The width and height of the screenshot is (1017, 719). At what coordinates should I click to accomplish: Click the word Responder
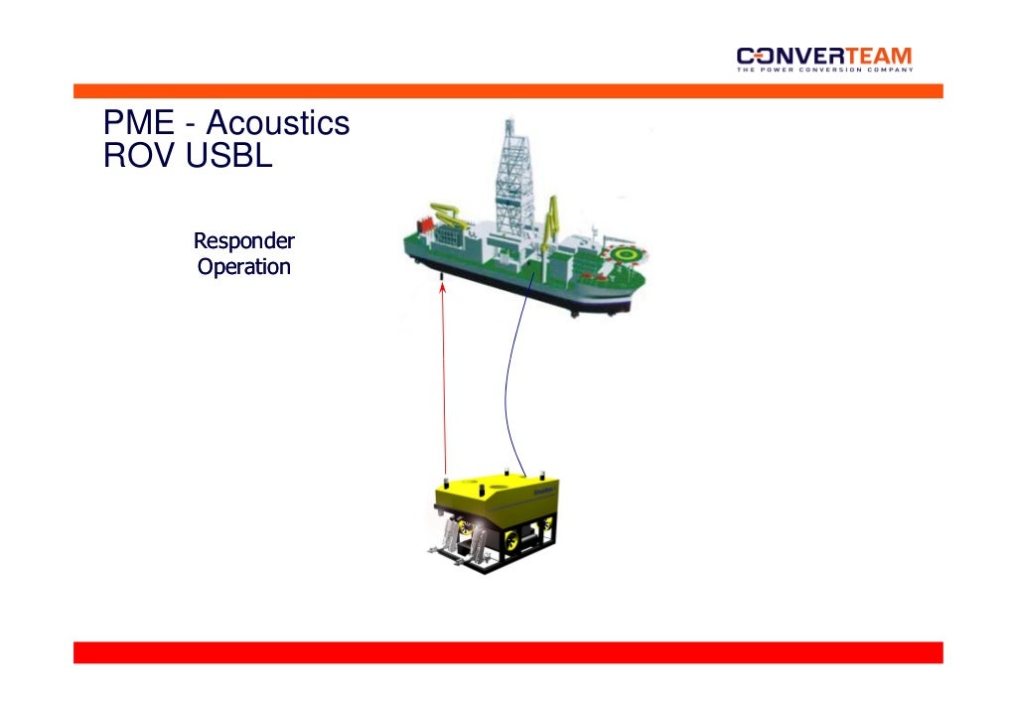point(243,240)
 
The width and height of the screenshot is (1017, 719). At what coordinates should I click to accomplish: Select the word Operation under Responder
point(243,267)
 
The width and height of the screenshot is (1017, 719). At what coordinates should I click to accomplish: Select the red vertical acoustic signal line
point(444,377)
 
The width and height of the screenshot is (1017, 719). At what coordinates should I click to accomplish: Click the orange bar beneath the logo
point(508,90)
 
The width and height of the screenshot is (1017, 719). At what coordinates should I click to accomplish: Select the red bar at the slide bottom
point(508,652)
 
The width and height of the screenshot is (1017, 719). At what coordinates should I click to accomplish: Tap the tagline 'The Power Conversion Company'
point(823,70)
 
